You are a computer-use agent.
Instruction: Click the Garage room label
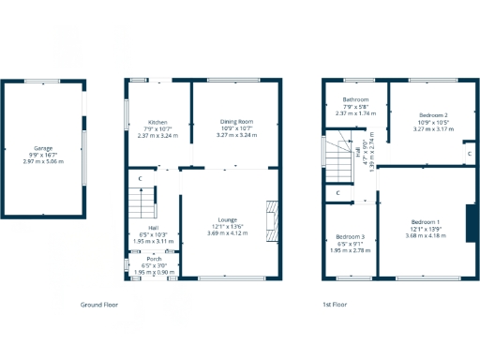43,148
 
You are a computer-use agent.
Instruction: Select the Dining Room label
236,122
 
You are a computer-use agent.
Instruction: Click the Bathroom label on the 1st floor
355,99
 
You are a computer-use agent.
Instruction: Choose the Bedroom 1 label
425,221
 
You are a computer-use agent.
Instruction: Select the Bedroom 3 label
350,237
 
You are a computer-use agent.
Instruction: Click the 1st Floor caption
335,305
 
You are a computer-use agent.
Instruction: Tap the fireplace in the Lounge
271,221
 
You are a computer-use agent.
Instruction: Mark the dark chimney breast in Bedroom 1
471,221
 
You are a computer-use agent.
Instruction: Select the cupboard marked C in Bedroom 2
469,153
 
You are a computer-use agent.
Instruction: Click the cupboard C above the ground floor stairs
140,178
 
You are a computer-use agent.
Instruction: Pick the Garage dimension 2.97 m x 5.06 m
43,161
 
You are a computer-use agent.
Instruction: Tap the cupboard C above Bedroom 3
337,194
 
